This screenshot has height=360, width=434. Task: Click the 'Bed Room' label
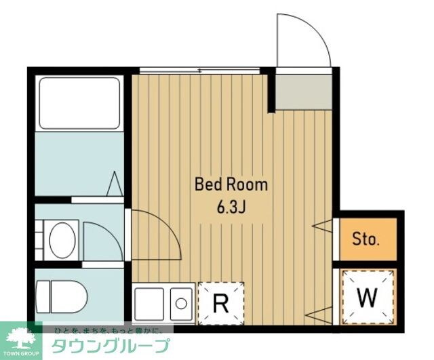(231, 184)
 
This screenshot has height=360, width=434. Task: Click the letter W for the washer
(367, 297)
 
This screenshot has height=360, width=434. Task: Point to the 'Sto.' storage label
(366, 239)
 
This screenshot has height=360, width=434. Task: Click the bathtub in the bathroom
(79, 103)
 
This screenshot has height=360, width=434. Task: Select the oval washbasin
(62, 239)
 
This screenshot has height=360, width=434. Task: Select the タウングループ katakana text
(112, 345)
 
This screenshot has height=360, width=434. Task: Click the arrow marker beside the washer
(322, 315)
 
